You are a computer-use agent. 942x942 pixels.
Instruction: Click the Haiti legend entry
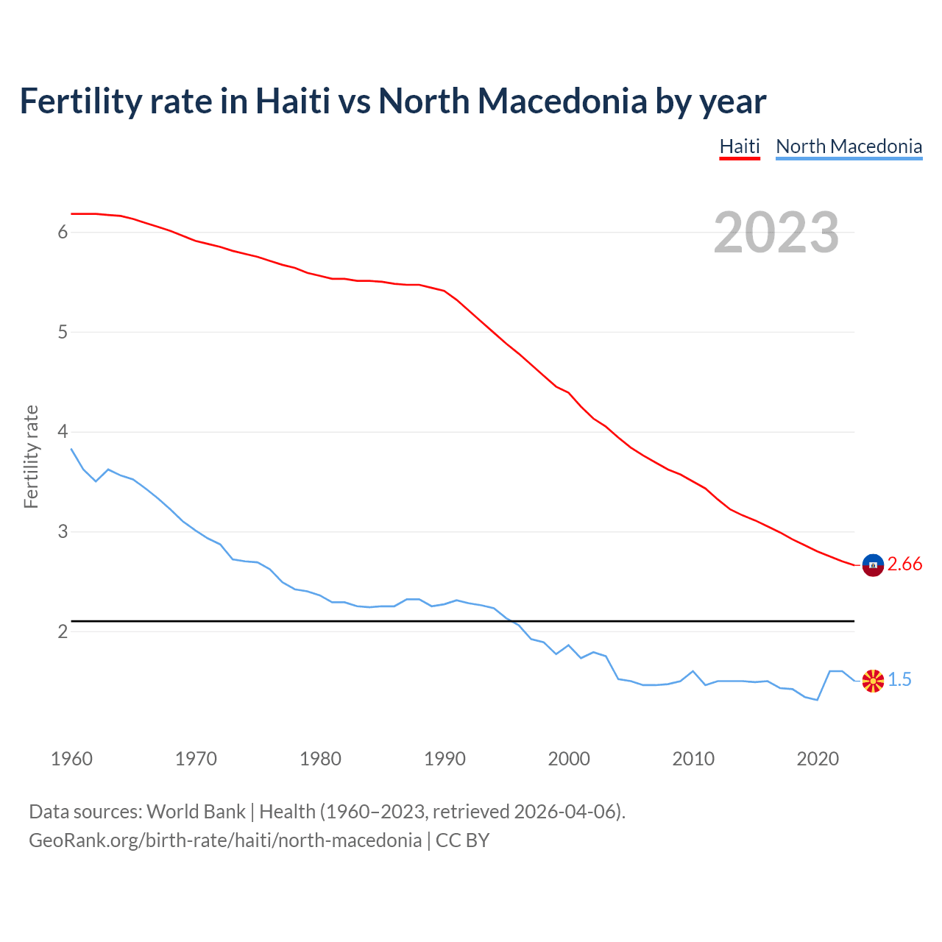tap(739, 146)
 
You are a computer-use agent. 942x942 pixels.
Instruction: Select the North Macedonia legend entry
tap(849, 146)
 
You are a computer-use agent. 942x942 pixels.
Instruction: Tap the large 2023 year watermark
tap(776, 233)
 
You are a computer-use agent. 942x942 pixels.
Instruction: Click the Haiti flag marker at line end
tap(873, 564)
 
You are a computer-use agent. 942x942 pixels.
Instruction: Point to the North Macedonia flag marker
tap(873, 681)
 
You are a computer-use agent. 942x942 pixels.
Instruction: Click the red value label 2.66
tap(904, 564)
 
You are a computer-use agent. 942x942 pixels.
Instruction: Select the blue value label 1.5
tap(899, 680)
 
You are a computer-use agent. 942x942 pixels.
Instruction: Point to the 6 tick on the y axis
tap(63, 233)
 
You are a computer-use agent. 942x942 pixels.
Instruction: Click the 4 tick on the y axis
tap(63, 432)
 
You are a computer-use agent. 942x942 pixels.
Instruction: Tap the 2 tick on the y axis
tap(63, 631)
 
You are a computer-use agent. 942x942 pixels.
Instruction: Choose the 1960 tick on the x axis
tap(71, 759)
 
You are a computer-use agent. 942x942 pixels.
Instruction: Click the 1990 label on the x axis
tap(445, 759)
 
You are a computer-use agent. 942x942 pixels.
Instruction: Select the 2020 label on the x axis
tap(818, 759)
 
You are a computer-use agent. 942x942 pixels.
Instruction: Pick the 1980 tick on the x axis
tap(320, 759)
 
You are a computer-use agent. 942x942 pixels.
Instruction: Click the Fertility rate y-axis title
tap(31, 456)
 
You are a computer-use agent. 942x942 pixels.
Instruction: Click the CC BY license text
tap(462, 840)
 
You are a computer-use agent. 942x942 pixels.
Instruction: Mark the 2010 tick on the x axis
tap(693, 759)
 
